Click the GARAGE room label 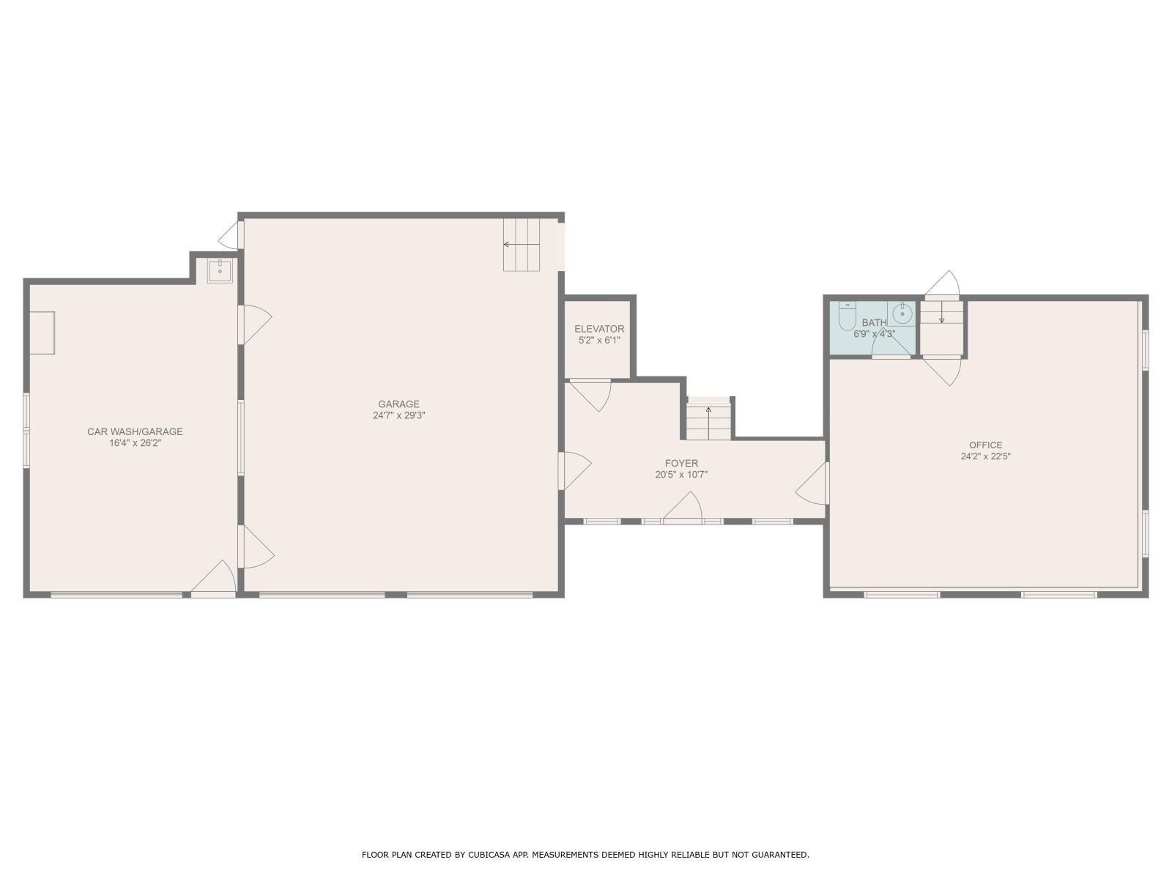point(399,404)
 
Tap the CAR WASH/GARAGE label point(135,431)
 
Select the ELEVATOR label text point(599,329)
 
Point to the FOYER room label point(681,463)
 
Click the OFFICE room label point(986,445)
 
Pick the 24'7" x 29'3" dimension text point(399,415)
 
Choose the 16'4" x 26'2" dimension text point(135,442)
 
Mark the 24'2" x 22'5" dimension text point(986,456)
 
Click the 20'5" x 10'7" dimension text point(681,475)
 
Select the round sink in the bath point(902,314)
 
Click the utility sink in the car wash point(220,270)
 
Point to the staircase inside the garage point(522,245)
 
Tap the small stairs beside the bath point(942,327)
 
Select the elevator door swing point(590,396)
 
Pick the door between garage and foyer point(574,471)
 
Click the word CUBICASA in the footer point(488,854)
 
